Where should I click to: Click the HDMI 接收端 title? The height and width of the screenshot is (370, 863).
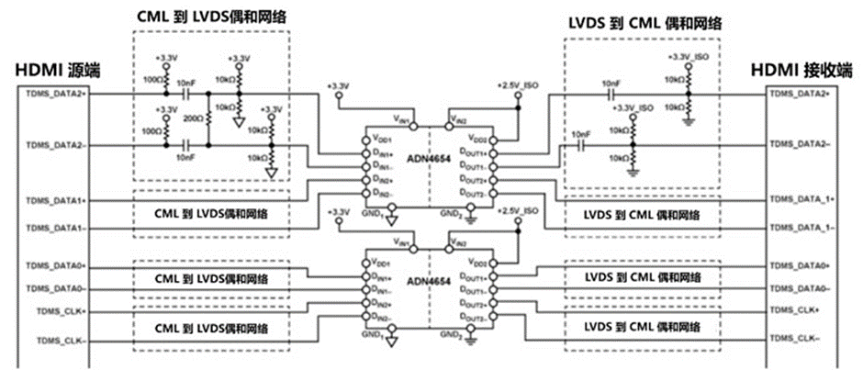coord(799,71)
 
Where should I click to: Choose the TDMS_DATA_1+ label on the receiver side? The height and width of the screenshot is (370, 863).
coord(800,198)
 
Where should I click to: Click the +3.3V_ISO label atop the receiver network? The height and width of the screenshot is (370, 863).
coord(689,56)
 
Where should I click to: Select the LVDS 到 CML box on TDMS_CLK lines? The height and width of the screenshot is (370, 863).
coord(644,326)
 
